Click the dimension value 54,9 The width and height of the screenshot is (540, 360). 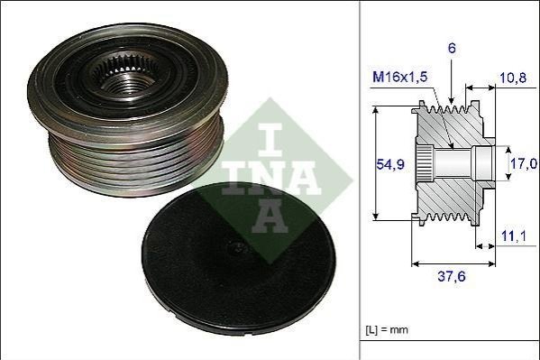(x=389, y=164)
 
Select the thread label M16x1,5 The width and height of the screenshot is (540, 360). (x=399, y=77)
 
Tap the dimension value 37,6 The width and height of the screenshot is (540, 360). (x=452, y=276)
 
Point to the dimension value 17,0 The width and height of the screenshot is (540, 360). (x=524, y=163)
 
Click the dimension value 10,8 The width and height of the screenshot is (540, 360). (x=513, y=78)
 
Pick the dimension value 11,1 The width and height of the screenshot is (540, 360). (x=513, y=236)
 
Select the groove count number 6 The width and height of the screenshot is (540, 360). (x=452, y=49)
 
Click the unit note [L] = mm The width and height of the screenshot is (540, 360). (x=387, y=329)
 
